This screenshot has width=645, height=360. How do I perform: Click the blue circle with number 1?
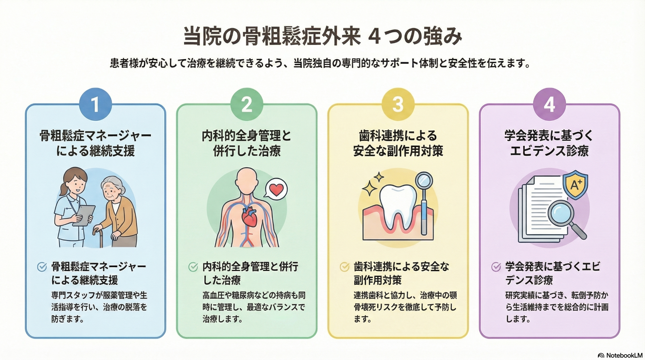95,104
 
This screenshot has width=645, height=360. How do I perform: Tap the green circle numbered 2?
247,104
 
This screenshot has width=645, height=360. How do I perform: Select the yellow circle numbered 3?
398,104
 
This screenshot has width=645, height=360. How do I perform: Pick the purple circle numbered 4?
549,104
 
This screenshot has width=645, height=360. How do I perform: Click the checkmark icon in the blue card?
42,267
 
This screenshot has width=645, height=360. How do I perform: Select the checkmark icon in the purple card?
496,267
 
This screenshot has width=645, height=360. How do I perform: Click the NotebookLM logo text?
624,355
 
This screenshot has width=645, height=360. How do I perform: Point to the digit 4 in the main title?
374,36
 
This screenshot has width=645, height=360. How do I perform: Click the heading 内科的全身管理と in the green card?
247,136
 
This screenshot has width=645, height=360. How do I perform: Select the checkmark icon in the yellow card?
344,267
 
